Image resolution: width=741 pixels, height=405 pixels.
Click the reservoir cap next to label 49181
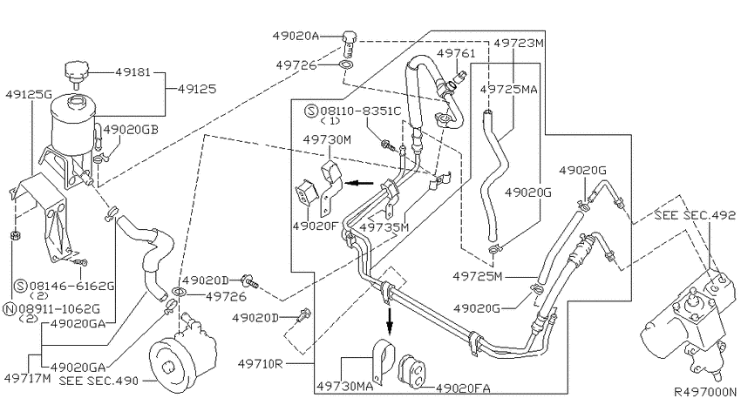76,72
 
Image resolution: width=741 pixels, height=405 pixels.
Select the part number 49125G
29,94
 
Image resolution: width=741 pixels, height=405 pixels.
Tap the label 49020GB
131,129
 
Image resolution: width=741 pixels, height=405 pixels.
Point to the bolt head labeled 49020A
349,37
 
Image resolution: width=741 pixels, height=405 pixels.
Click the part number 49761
456,53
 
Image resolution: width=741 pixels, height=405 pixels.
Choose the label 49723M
519,43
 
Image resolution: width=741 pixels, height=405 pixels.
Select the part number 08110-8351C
361,111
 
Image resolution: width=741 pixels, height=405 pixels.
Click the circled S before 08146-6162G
21,286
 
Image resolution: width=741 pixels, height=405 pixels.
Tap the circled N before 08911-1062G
10,309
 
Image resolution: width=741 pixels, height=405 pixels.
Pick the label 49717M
27,378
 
